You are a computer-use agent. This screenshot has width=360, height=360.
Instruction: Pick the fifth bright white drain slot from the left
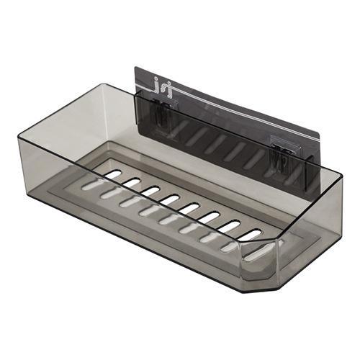170,199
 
